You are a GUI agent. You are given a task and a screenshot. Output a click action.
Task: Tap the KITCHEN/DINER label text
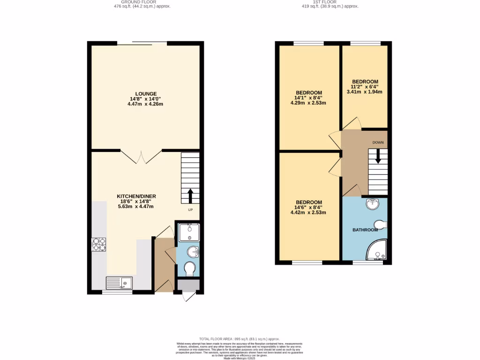[x=136, y=196]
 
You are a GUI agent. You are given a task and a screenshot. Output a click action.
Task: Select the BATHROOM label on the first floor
[x=365, y=230]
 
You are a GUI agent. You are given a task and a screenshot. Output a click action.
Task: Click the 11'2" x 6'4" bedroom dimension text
[x=365, y=87]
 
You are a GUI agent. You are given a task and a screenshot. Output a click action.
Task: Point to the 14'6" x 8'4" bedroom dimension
[x=308, y=207]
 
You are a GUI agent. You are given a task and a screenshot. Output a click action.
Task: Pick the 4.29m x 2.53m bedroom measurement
[x=308, y=103]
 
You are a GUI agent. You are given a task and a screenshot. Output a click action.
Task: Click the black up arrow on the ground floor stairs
[x=190, y=195]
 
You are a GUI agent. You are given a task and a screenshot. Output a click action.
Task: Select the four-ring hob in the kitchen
[x=98, y=244]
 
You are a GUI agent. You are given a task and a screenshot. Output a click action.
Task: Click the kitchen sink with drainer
[x=119, y=282]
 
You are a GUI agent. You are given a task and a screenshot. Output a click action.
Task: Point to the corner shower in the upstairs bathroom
[x=377, y=250]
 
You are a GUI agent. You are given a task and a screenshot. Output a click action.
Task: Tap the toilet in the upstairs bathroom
[x=380, y=225]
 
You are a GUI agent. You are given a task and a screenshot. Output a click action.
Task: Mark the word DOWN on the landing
[x=378, y=142]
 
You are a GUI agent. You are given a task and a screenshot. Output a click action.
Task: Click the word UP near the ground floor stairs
[x=191, y=210]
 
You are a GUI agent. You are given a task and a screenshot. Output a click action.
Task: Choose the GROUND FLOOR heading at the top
[x=142, y=2]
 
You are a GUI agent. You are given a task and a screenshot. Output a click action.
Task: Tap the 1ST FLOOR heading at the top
[x=330, y=2]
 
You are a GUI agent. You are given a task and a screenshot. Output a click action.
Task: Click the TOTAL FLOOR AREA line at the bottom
[x=239, y=339]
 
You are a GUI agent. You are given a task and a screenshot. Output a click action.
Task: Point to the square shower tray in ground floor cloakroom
[x=189, y=232]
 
